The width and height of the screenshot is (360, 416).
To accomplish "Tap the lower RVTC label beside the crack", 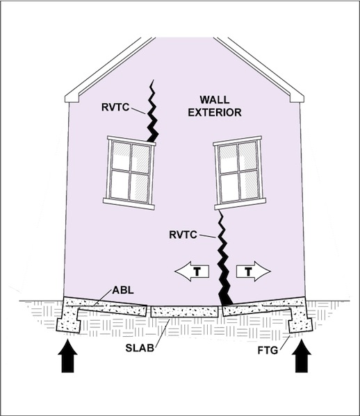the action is tap(183, 235).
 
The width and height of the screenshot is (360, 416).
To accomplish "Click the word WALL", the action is tap(215, 100).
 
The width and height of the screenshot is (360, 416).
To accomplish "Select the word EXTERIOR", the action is tap(215, 113).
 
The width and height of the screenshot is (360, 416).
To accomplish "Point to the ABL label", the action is tap(123, 290).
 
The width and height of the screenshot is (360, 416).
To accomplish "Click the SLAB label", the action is tap(140, 348).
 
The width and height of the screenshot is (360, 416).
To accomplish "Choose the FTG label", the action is tap(268, 351).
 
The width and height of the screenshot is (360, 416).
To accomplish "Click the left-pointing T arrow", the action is tap(192, 272).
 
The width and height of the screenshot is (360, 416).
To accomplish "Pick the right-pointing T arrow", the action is tap(254, 272).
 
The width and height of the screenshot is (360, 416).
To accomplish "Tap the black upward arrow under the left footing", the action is tap(67, 356).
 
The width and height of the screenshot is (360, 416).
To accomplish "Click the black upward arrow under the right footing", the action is tap(302, 356).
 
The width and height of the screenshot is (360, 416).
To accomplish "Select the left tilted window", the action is tap(129, 173).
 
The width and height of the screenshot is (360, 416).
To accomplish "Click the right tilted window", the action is tap(240, 173).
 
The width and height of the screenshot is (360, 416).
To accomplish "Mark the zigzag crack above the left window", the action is tap(152, 111).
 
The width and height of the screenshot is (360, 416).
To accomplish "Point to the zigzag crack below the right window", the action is tap(224, 258).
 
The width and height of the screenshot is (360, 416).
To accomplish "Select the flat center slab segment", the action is tap(184, 312).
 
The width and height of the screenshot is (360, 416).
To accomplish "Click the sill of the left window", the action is tap(129, 203).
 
